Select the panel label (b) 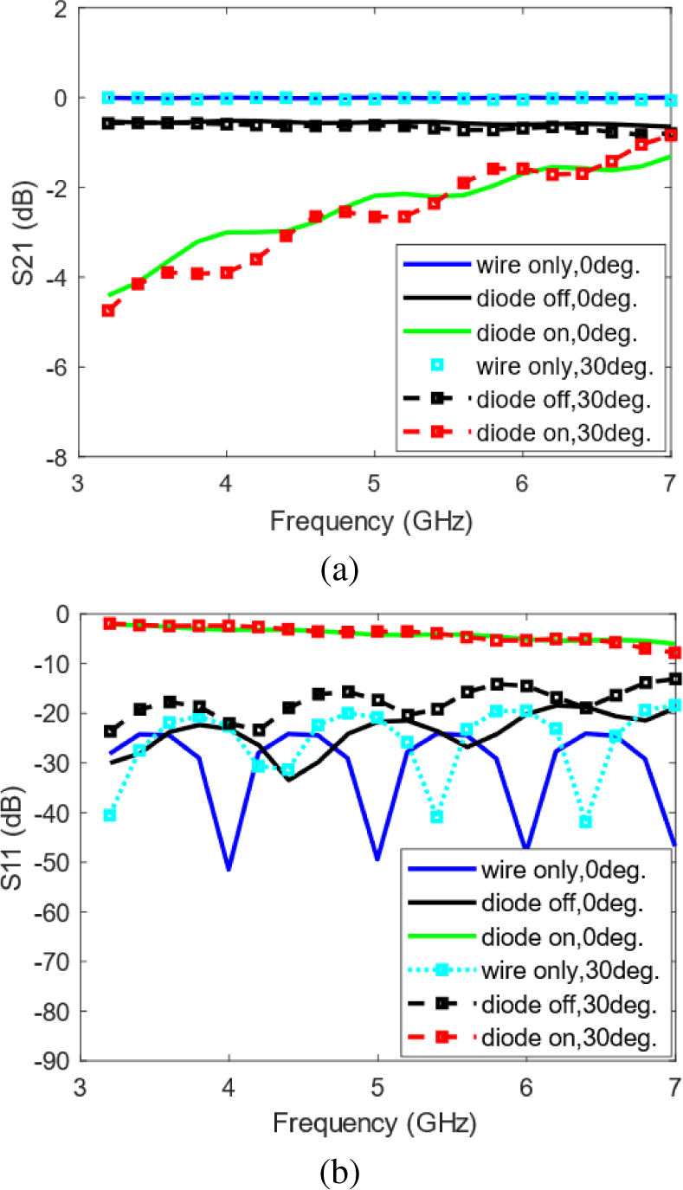[x=338, y=1173]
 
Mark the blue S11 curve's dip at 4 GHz [x=229, y=868]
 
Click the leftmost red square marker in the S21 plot [x=108, y=310]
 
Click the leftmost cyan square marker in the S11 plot [x=109, y=815]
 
